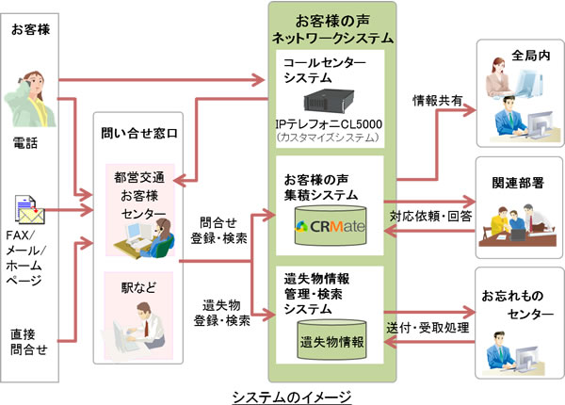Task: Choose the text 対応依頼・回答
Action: point(434,217)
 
